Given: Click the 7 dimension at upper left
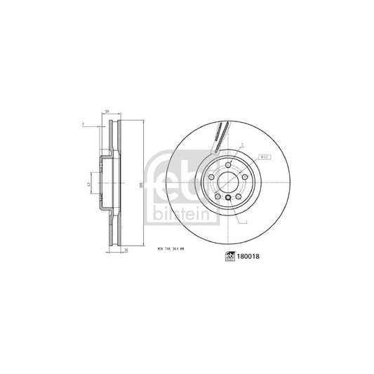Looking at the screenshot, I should [83, 123].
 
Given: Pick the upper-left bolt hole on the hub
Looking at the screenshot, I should [212, 178].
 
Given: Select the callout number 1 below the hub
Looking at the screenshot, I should [246, 222].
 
